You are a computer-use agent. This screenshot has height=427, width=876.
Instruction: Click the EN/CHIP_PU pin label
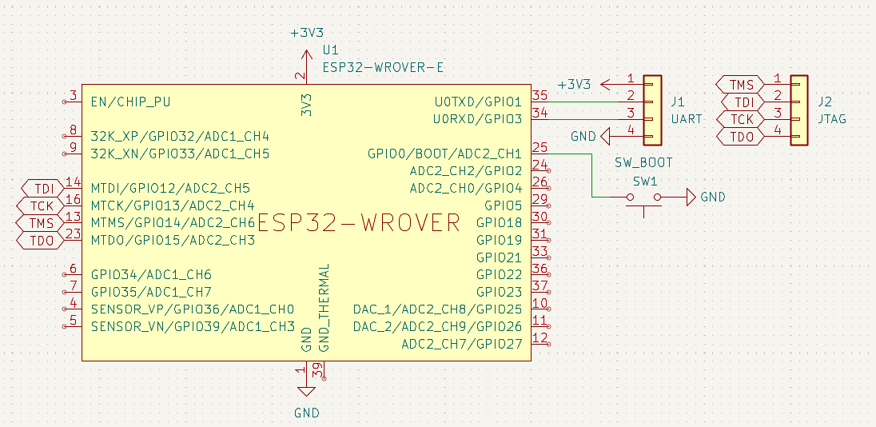[x=130, y=102]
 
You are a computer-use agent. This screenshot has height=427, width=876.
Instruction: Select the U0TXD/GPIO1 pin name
[x=478, y=102]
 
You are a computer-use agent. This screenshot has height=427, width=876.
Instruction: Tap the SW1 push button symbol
[x=644, y=199]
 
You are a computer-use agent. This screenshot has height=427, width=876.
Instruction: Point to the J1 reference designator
[x=677, y=102]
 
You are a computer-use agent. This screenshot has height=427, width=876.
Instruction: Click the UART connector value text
[x=686, y=118]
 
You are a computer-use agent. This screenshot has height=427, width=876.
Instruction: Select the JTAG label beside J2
[x=831, y=118]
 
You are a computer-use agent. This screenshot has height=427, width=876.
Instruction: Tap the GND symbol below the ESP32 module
[x=305, y=392]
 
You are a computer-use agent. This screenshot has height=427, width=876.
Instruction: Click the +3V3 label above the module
[x=307, y=33]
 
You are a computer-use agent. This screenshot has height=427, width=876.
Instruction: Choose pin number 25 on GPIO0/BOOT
[x=540, y=148]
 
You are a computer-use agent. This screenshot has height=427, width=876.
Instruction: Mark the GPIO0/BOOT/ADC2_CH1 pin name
[x=444, y=154]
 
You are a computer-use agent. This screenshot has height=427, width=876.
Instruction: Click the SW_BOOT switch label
[x=643, y=162]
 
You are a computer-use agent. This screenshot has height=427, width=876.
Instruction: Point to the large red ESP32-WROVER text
[x=359, y=222]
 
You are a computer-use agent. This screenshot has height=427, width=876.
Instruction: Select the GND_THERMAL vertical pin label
[x=324, y=308]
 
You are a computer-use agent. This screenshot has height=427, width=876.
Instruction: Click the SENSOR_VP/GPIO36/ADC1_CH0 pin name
[x=193, y=309]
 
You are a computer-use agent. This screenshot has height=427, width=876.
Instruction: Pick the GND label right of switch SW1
[x=712, y=197]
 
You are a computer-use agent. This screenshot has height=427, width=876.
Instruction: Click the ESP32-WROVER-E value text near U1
[x=383, y=68]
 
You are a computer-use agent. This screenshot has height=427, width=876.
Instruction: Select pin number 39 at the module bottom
[x=317, y=370]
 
